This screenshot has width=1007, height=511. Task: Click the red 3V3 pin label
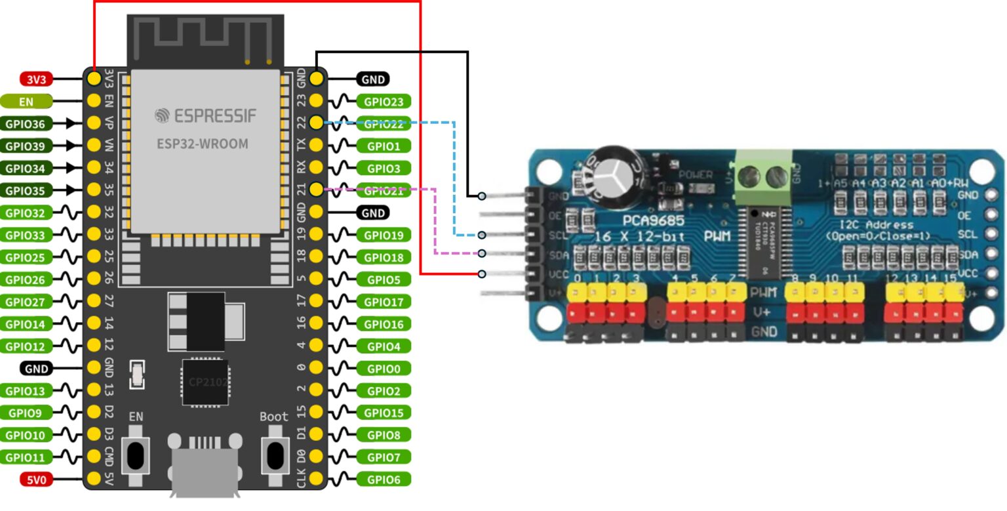point(36,79)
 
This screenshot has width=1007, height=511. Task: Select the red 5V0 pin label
point(36,480)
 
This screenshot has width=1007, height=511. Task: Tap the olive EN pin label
point(26,102)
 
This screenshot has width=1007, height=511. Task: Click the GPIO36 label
point(26,123)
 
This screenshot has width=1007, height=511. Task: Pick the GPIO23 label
point(384,102)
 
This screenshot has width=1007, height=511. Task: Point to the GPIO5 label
point(384,279)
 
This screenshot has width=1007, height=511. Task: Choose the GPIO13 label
point(26,391)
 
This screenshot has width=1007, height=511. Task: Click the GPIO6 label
point(384,480)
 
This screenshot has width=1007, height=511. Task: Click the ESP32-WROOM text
point(203,144)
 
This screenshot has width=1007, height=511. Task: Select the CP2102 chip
point(205,382)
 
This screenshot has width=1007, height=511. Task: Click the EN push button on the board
point(136,455)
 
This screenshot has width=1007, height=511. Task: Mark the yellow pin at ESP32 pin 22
point(316,123)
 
